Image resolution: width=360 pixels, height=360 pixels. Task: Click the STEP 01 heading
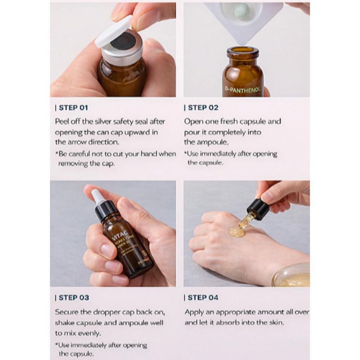coord(73,108)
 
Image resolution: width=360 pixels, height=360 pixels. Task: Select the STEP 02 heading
coord(202,108)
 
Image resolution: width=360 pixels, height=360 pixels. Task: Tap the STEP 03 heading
coord(73,297)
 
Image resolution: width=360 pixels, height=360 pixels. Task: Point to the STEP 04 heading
coord(202,297)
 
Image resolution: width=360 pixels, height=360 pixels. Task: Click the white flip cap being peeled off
coord(114,32)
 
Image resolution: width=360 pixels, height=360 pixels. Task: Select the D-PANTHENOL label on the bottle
coord(243,90)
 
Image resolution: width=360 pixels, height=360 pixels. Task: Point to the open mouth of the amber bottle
coord(243,50)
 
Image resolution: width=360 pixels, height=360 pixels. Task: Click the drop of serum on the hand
coord(236,231)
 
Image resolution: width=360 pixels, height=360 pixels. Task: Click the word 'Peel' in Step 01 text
coord(62,122)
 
